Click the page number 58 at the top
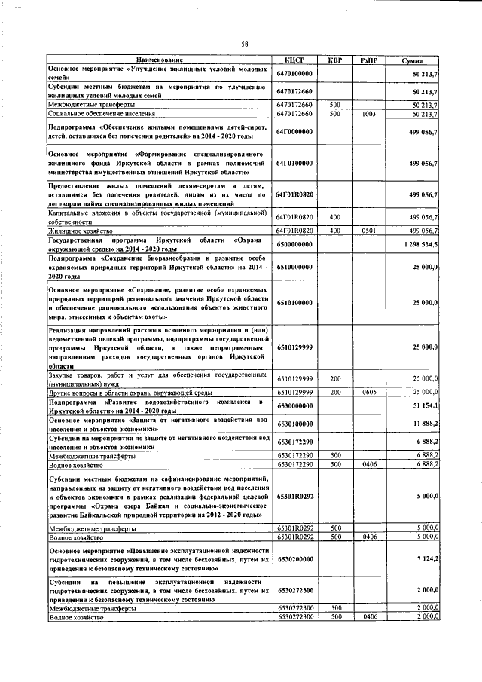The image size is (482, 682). [245, 44]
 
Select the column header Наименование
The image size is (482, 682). [159, 60]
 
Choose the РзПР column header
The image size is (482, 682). [368, 60]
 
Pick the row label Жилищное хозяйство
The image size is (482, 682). [81, 231]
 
